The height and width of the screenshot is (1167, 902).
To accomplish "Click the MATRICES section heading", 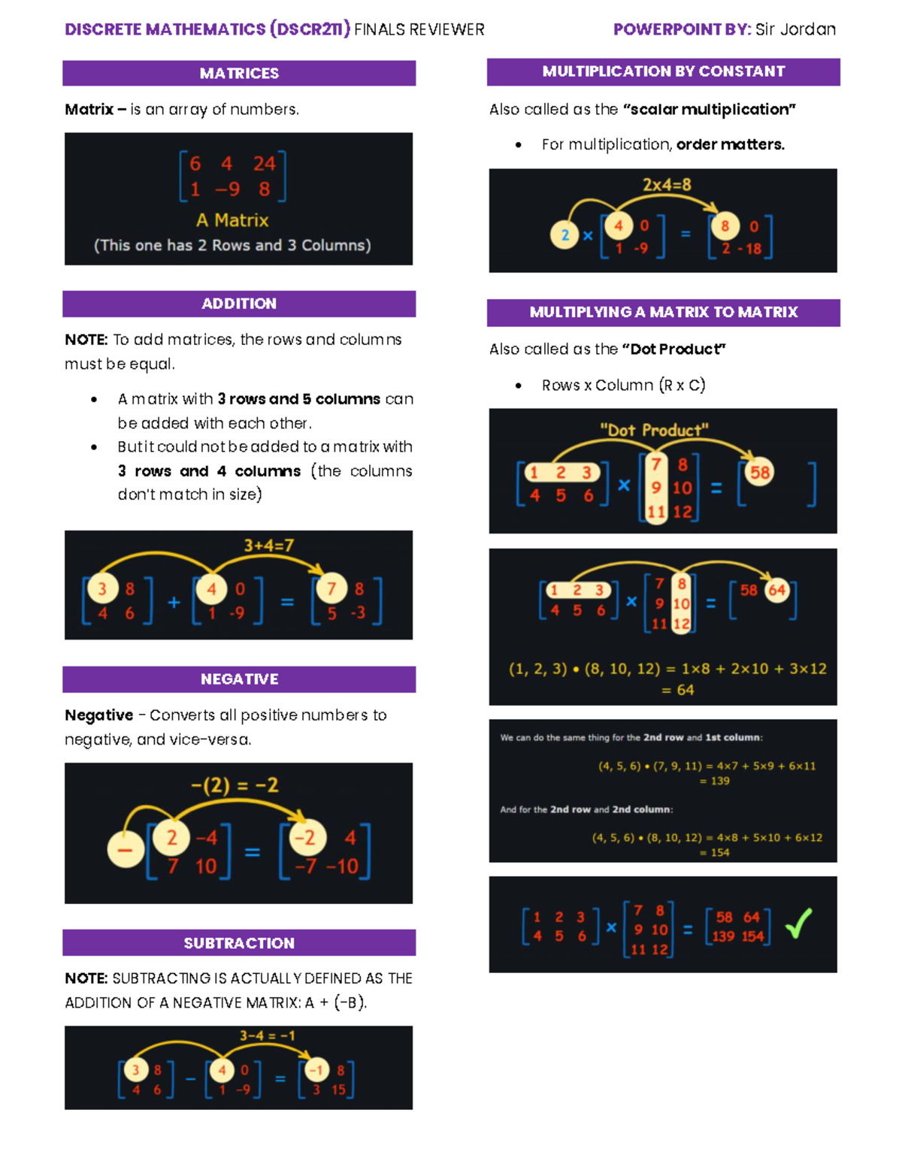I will point(239,73).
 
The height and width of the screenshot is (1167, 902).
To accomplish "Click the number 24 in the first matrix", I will point(264,163).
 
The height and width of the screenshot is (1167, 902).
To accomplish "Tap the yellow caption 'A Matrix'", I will point(232,220).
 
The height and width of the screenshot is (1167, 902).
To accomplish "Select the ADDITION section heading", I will point(239,304).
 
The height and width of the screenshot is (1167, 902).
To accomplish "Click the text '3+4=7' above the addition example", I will point(268,546).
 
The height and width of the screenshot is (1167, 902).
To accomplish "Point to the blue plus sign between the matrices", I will point(174,602).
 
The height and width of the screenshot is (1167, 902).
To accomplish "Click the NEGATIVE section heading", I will point(239,679).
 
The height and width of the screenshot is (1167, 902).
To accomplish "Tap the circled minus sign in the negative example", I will point(125,850).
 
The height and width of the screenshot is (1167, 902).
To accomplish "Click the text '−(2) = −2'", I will point(235,785).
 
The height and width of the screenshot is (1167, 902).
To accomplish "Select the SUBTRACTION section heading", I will point(239,943).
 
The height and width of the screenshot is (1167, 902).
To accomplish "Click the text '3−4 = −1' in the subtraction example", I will point(267,1035).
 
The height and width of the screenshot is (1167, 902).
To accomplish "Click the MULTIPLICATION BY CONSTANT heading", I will point(663,71).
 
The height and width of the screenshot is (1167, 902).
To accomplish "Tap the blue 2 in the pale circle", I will point(565,235).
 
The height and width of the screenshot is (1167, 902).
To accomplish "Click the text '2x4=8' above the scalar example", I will point(667,185).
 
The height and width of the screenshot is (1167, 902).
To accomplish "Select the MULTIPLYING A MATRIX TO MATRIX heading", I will point(663,312).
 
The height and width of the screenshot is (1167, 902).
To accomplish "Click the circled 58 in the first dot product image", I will point(760,473).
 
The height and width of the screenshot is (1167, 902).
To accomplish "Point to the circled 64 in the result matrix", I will point(777,590).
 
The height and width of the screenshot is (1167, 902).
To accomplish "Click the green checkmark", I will point(799,924).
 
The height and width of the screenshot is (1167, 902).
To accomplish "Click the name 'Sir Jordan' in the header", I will point(795,29).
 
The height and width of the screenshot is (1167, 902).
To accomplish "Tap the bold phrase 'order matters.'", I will point(730,144).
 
